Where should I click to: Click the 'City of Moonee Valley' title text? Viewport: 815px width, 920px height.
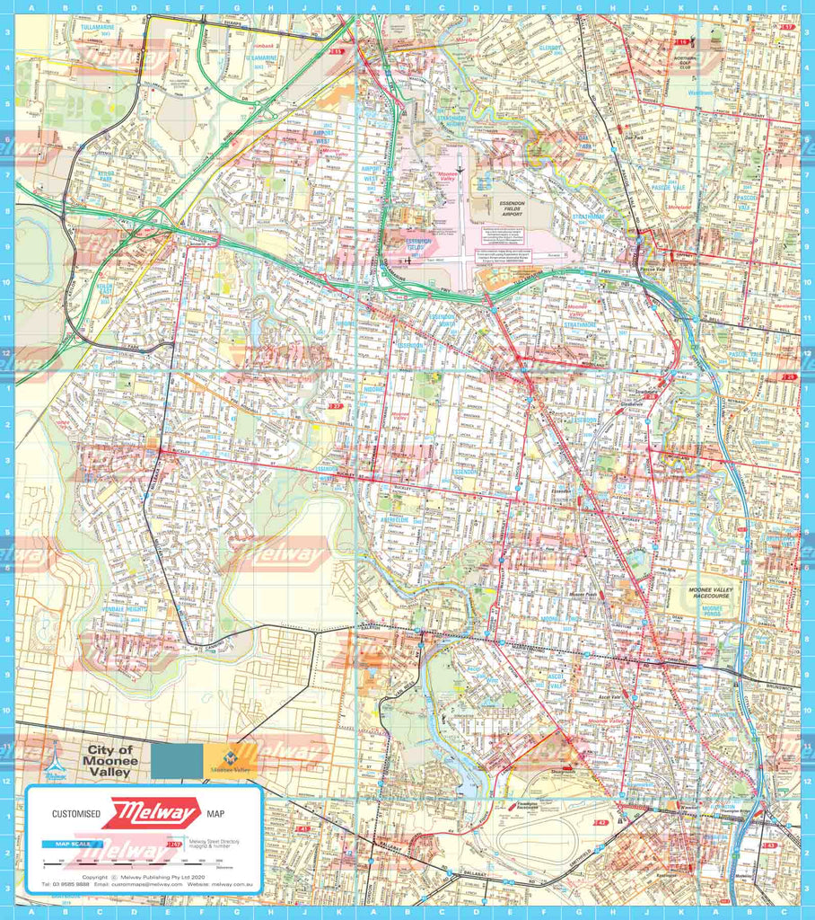point(109,761)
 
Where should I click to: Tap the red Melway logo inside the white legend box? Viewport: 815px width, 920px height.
point(150,814)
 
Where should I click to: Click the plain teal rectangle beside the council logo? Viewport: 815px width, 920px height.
point(176,761)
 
